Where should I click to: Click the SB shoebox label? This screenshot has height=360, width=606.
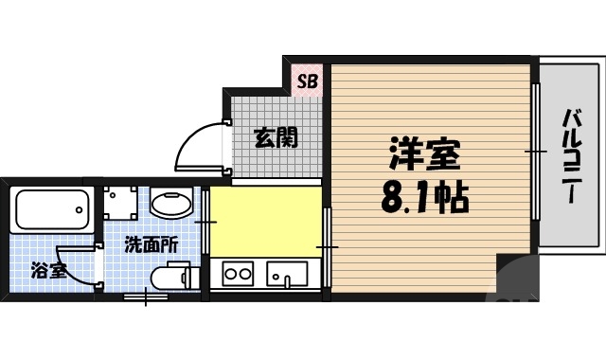pos(308,81)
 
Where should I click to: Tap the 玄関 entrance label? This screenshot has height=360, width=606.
pos(276,137)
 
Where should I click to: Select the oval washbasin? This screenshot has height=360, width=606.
pos(171,202)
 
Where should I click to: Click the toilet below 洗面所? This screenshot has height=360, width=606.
pos(173,278)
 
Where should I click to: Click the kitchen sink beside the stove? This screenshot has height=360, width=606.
pos(286,275)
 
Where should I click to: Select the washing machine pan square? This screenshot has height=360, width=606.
pos(119,200)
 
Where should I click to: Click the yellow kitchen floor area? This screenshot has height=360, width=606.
pos(265,222)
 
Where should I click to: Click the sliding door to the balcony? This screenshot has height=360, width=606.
pos(536,152)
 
